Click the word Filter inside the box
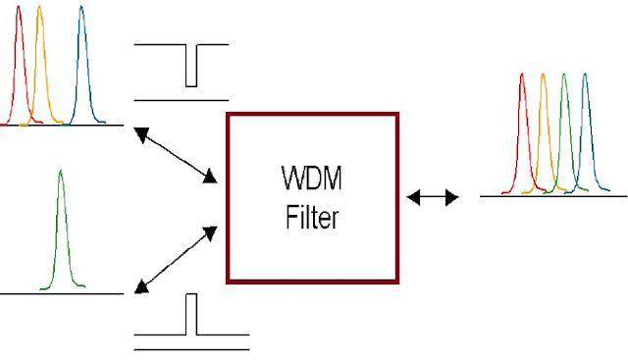(x=312, y=216)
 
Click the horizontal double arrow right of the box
(x=433, y=198)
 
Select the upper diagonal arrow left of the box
(x=177, y=155)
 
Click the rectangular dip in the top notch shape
(x=190, y=67)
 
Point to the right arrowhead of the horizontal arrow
(x=452, y=198)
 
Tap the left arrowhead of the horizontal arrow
(x=413, y=198)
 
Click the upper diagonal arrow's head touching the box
(x=211, y=178)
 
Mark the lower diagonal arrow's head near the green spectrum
(x=140, y=286)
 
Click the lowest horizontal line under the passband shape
(x=190, y=348)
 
